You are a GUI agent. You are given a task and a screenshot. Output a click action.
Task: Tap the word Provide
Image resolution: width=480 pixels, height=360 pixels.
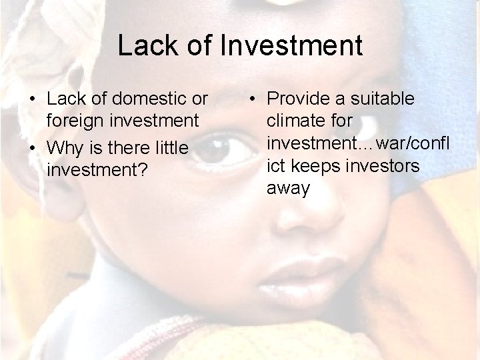click(298, 99)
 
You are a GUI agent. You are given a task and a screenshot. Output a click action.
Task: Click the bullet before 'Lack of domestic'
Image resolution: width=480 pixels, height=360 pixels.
click(33, 100)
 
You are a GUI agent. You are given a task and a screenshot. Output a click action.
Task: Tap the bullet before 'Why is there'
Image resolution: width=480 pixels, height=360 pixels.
click(33, 146)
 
